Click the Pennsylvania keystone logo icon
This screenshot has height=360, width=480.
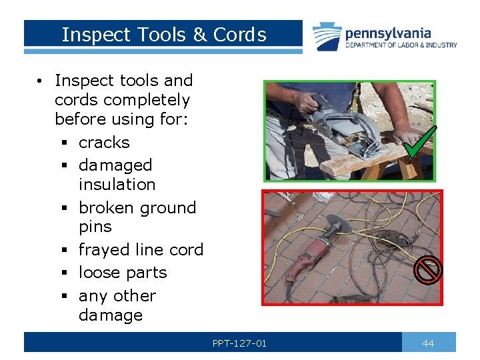pyautogui.click(x=327, y=37)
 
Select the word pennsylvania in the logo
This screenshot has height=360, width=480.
pyautogui.click(x=388, y=33)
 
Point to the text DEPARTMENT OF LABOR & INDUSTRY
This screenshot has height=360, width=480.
pyautogui.click(x=401, y=45)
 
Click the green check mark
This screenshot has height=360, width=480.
pyautogui.click(x=420, y=141)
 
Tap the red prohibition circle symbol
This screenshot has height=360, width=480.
pyautogui.click(x=427, y=269)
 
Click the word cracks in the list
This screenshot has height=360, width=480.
pyautogui.click(x=104, y=143)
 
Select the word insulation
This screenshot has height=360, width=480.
pyautogui.click(x=117, y=185)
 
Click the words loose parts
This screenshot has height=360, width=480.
pyautogui.click(x=123, y=273)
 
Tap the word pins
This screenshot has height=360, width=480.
pyautogui.click(x=95, y=227)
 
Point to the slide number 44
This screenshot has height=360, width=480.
pyautogui.click(x=428, y=343)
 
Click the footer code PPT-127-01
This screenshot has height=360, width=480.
pyautogui.click(x=239, y=343)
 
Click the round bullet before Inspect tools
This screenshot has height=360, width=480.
pyautogui.click(x=41, y=81)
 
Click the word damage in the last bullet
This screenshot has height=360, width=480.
pyautogui.click(x=111, y=315)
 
